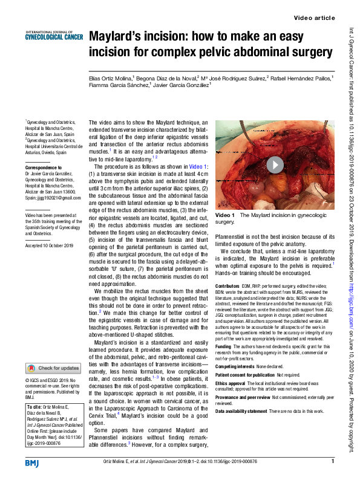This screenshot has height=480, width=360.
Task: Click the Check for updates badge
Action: point(53,368)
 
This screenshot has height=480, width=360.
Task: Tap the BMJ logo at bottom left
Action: point(32,462)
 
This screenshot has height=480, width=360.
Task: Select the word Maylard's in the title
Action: point(119,37)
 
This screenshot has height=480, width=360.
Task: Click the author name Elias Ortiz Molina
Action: point(110,78)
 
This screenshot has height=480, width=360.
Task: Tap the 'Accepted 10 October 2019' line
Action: point(49,245)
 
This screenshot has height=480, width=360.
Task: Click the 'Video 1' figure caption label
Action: point(224,215)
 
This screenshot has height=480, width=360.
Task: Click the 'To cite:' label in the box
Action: point(34,407)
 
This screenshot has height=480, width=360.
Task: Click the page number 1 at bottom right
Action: point(332,462)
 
